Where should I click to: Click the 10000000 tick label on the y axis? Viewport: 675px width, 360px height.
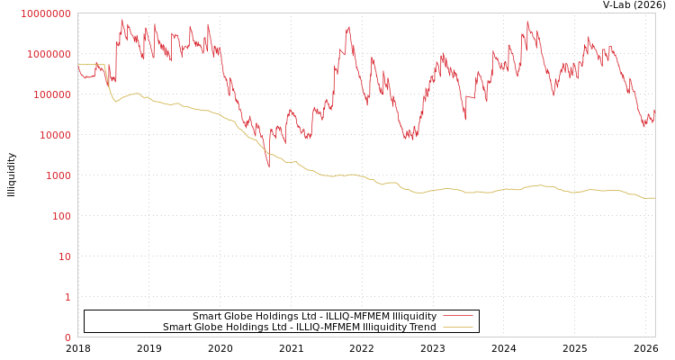[45, 13]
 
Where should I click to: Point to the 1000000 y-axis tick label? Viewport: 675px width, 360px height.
[48, 54]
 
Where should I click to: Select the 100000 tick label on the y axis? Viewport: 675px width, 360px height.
[50, 94]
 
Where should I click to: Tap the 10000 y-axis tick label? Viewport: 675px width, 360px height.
[53, 135]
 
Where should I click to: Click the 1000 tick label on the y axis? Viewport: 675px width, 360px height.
[57, 175]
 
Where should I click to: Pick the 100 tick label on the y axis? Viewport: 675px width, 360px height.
[59, 216]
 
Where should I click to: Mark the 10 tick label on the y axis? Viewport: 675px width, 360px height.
[65, 256]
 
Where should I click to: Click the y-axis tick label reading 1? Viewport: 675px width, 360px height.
[67, 297]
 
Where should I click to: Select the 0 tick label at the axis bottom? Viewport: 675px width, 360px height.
[67, 337]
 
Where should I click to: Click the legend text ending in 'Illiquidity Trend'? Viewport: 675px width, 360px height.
[299, 328]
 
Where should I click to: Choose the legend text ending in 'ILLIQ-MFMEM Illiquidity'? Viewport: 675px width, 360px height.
[314, 317]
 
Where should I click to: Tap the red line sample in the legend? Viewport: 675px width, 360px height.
[458, 317]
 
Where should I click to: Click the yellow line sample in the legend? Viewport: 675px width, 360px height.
[458, 328]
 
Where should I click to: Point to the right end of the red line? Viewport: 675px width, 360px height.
[654, 112]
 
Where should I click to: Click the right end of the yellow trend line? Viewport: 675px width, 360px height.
[654, 198]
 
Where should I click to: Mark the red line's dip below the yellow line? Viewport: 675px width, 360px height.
[267, 164]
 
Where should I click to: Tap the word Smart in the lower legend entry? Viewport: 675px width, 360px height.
[177, 328]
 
